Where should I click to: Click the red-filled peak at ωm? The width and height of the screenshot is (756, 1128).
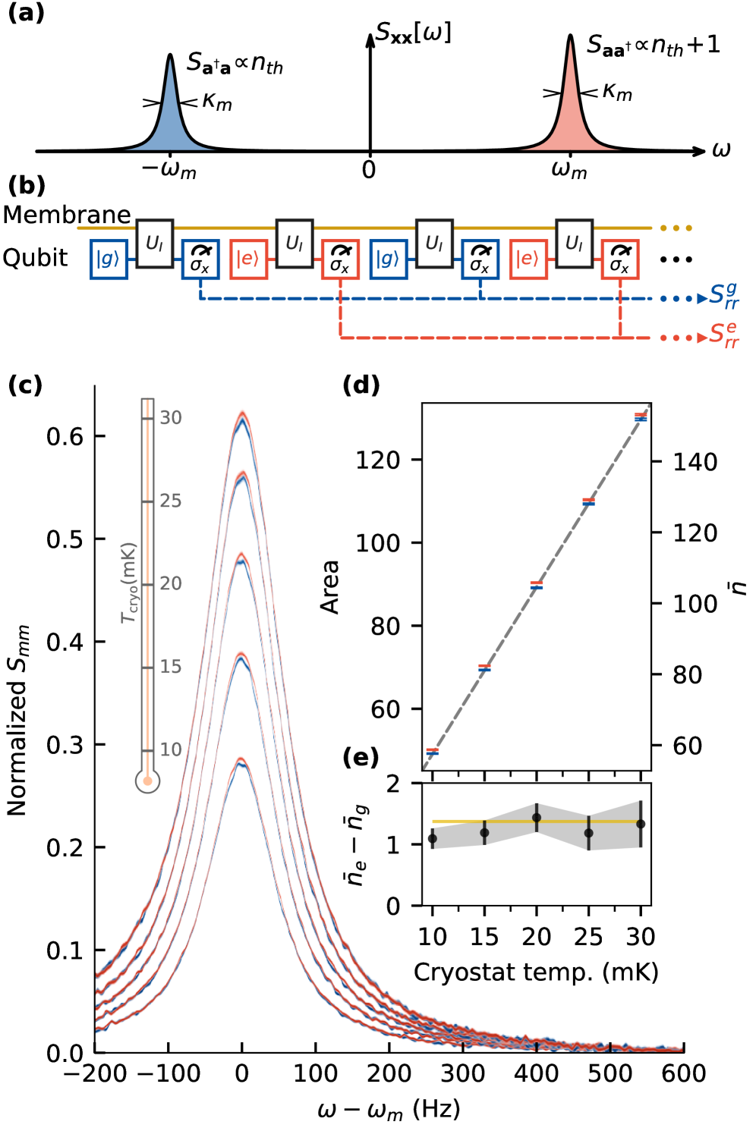[570, 121]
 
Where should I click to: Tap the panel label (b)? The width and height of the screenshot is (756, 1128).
[27, 186]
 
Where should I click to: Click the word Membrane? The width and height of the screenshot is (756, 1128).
[67, 215]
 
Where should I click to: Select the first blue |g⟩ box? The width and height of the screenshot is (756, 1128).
[108, 259]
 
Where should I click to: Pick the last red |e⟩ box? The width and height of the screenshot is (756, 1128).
[528, 259]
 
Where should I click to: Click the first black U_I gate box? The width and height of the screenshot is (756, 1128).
[155, 244]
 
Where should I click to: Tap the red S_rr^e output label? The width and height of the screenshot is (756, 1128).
[723, 335]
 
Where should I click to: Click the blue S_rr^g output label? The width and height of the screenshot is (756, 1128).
[723, 296]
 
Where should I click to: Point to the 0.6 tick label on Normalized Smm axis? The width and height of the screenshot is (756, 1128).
[65, 436]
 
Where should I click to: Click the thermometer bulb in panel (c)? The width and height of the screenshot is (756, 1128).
[147, 781]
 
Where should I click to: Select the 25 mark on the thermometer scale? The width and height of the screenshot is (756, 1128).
[171, 501]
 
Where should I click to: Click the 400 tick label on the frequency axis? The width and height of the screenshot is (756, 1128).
[537, 1073]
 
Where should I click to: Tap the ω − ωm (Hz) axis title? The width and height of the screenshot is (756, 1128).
[389, 1110]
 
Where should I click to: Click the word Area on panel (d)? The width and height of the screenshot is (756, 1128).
[330, 586]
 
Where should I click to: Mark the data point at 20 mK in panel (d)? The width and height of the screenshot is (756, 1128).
[537, 585]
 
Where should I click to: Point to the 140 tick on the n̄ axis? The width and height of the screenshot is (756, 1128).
[695, 461]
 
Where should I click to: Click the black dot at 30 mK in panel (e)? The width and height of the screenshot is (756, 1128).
[641, 824]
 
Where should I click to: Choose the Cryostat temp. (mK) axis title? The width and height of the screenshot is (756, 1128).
[536, 972]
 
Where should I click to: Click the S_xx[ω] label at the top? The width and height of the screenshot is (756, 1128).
[414, 33]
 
